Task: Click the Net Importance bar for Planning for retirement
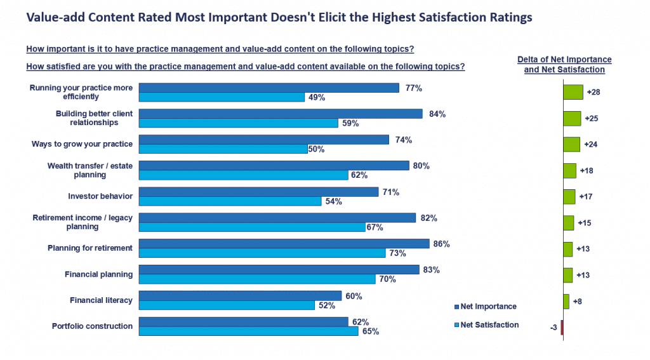pyautogui.click(x=284, y=244)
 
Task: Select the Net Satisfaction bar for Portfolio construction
pyautogui.click(x=248, y=331)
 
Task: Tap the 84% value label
pyautogui.click(x=437, y=114)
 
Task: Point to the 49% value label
pyautogui.click(x=317, y=98)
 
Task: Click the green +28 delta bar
pyautogui.click(x=573, y=92)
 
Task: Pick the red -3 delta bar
pyautogui.click(x=562, y=328)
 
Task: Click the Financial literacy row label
pyautogui.click(x=102, y=300)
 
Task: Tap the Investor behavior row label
pyautogui.click(x=100, y=196)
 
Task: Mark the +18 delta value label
pyautogui.click(x=587, y=171)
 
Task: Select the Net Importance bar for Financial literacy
pyautogui.click(x=240, y=296)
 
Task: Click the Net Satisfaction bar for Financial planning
pyautogui.click(x=257, y=279)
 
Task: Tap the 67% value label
pyautogui.click(x=375, y=227)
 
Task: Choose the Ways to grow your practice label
pyautogui.click(x=83, y=144)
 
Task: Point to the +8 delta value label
pyautogui.click(x=578, y=302)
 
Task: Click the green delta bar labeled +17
pyautogui.click(x=569, y=197)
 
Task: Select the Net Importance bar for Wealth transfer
pyautogui.click(x=274, y=166)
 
